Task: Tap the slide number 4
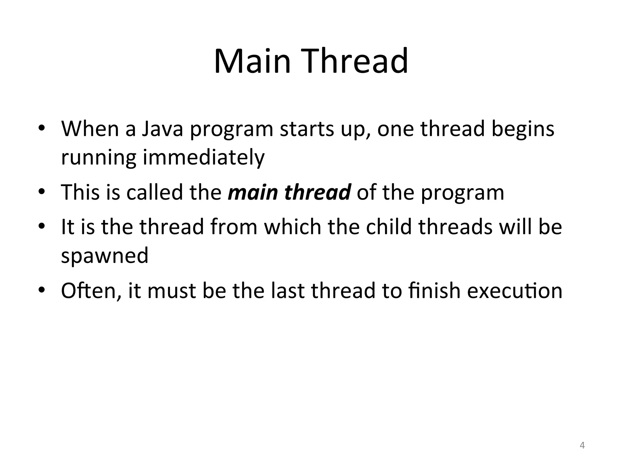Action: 582,445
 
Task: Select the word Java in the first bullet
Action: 162,129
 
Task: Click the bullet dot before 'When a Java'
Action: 42,129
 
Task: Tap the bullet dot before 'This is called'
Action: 42,192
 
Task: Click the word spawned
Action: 105,255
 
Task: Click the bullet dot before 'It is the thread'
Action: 42,227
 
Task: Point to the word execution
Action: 514,291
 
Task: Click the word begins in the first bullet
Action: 523,129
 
